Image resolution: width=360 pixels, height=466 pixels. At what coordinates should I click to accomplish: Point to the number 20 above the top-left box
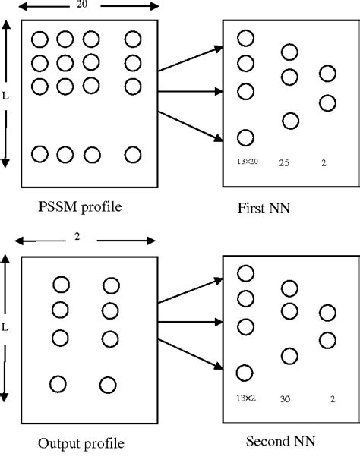pos(81,5)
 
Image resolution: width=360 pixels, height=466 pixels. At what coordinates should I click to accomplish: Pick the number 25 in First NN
pos(285,162)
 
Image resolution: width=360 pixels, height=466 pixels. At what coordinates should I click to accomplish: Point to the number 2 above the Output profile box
pos(78,238)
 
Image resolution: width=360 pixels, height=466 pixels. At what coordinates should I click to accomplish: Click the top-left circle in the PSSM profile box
pos(40,39)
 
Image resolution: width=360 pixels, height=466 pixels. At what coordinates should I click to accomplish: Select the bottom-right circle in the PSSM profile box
pos(133,155)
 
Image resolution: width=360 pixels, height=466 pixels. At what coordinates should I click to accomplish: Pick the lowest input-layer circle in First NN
pos(245,137)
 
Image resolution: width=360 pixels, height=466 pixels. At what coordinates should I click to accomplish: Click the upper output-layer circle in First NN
pos(327,74)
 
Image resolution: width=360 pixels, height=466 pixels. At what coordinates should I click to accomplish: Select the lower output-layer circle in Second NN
pos(327,339)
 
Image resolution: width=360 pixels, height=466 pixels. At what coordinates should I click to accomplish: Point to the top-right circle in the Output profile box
pos(111,285)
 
